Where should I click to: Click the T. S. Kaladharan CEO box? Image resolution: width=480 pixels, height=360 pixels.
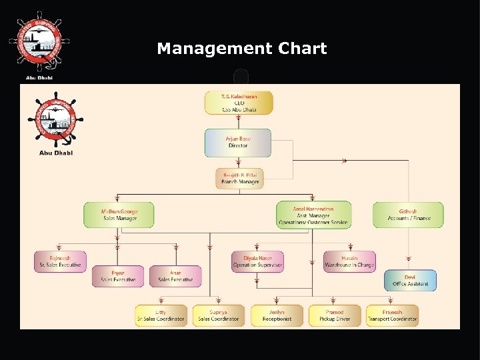239,103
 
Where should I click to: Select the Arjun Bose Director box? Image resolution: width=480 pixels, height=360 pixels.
238,142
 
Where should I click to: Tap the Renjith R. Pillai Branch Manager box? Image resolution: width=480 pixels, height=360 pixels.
239,178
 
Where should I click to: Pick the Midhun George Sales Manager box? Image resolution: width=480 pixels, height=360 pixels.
119,215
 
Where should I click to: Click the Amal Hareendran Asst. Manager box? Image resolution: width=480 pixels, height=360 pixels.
313,215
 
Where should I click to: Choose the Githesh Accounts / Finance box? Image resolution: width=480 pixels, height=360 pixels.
408,215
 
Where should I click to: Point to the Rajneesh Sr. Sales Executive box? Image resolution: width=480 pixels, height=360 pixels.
59,261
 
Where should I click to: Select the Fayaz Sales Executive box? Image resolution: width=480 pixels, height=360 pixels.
117,276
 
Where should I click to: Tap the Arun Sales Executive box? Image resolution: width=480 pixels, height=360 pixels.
175,276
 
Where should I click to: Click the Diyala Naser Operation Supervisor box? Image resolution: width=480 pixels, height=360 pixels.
257,261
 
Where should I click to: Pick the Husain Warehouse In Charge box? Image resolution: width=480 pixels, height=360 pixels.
349,261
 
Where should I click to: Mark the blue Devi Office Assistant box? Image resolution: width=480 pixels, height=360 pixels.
410,280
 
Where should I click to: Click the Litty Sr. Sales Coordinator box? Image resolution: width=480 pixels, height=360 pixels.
161,315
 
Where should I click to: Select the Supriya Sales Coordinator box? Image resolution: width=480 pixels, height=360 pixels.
218,315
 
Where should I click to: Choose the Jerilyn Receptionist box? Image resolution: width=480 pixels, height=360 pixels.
276,315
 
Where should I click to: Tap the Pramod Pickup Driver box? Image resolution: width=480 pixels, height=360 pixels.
335,315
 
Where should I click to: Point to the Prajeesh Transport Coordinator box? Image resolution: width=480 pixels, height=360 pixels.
392,315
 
